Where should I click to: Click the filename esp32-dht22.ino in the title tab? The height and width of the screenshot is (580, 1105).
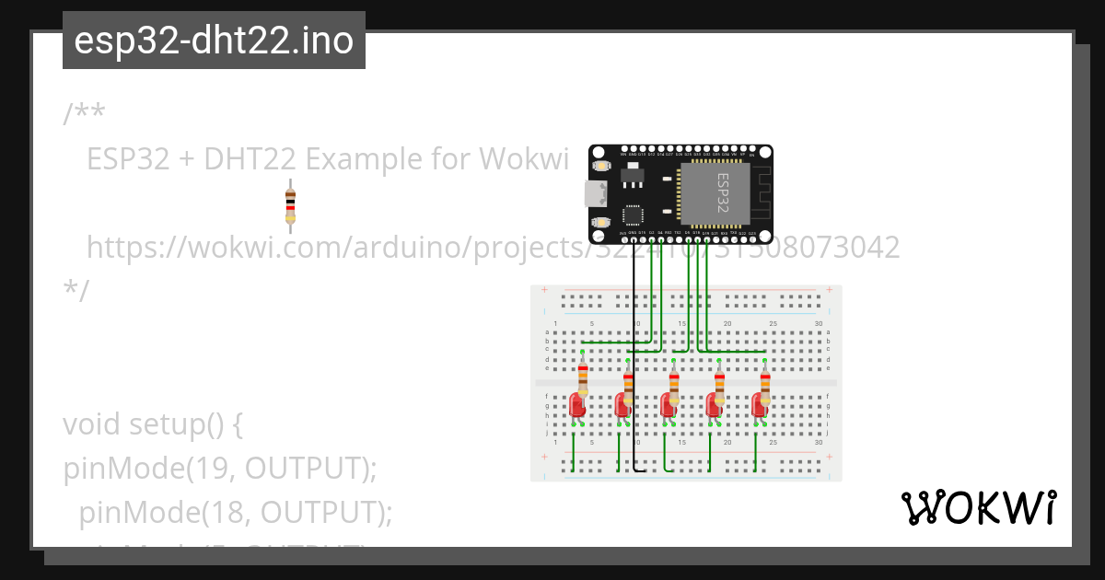click(x=214, y=41)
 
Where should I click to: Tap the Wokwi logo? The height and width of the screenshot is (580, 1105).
click(x=978, y=508)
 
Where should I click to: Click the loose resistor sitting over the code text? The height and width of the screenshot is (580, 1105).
click(x=290, y=205)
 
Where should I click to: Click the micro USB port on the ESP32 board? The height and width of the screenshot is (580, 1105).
click(x=595, y=193)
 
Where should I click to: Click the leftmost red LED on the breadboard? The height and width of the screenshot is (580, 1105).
click(x=577, y=404)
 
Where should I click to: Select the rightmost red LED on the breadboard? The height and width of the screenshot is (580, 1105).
click(x=760, y=404)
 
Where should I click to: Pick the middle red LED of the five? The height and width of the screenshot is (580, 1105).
click(x=669, y=404)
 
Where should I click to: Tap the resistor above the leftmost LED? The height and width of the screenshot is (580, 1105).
click(x=583, y=378)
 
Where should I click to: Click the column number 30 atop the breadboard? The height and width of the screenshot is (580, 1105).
click(x=819, y=323)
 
